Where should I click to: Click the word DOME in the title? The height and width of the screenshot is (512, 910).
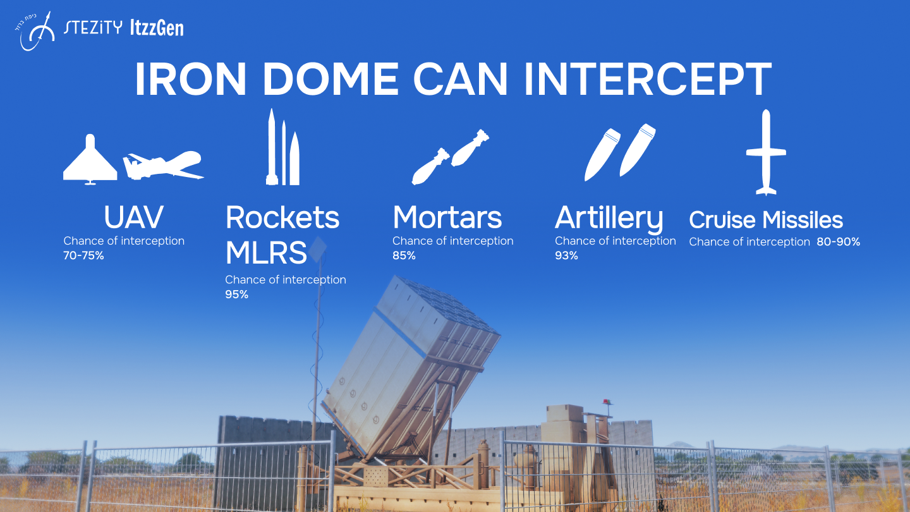(331, 78)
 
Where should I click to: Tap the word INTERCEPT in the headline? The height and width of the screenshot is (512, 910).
(648, 78)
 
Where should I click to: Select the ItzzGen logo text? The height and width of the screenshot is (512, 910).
(157, 28)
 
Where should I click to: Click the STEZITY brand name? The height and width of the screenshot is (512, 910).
(93, 27)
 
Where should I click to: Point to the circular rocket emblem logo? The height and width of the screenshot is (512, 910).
(37, 31)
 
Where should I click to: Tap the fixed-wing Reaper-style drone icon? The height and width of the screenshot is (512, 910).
(163, 166)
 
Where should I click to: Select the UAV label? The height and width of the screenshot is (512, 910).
(134, 217)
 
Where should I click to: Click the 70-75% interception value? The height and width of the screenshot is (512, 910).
(83, 255)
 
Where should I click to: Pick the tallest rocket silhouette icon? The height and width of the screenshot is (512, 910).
(272, 147)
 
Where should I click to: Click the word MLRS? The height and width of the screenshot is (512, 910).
(266, 253)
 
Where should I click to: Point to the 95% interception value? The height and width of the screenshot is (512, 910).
(237, 294)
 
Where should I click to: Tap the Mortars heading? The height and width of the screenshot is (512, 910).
(447, 217)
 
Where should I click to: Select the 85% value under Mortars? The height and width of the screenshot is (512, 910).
(404, 255)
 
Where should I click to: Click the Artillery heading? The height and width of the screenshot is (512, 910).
(609, 219)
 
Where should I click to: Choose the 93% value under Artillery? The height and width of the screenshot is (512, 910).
(566, 255)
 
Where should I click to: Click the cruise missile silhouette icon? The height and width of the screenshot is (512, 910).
(766, 152)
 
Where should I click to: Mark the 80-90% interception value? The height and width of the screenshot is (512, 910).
(839, 241)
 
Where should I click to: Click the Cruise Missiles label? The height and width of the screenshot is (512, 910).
(766, 220)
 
